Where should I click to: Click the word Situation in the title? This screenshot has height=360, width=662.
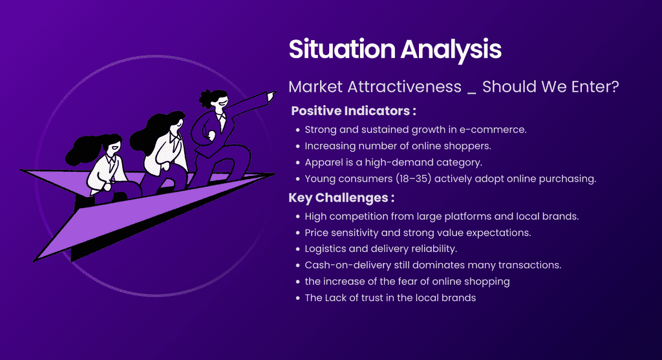click(342, 49)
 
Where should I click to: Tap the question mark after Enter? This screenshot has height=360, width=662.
click(614, 87)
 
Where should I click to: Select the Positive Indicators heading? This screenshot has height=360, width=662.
click(354, 111)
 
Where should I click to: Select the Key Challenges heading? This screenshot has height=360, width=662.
click(341, 198)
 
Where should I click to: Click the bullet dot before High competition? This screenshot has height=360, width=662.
click(297, 217)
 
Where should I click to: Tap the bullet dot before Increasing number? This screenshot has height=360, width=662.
click(297, 147)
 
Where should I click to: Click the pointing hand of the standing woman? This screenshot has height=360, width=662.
click(272, 96)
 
